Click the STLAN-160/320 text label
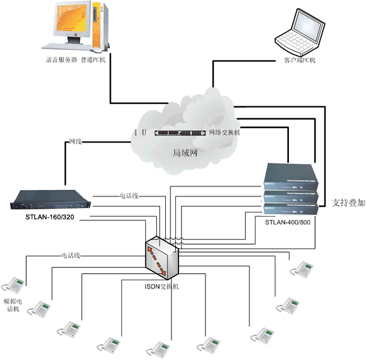(x=50, y=217)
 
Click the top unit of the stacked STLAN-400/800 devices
(x=291, y=174)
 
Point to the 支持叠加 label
(x=348, y=203)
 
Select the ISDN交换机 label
(x=161, y=286)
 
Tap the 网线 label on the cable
(x=75, y=142)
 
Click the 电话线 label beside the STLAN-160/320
(x=132, y=196)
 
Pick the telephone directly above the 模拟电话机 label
(x=13, y=285)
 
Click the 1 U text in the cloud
(x=140, y=133)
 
